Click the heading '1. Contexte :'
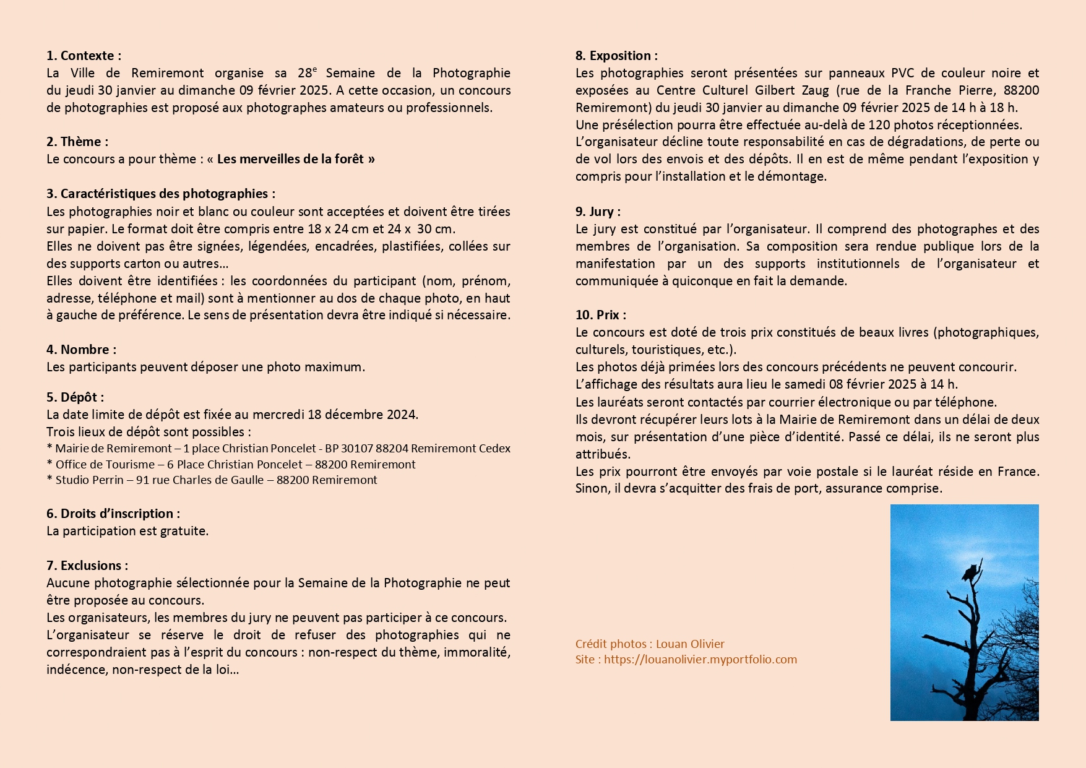pyautogui.click(x=84, y=56)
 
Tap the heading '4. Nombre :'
pyautogui.click(x=81, y=350)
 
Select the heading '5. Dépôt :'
pyautogui.click(x=75, y=397)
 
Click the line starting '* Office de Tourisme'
pyautogui.click(x=230, y=464)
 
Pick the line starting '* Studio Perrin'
pyautogui.click(x=211, y=480)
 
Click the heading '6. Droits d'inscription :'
pyautogui.click(x=113, y=514)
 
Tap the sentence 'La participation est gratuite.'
pyautogui.click(x=127, y=531)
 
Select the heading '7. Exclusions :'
pyautogui.click(x=87, y=566)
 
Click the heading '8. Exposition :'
pyautogui.click(x=616, y=56)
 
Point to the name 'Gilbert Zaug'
pyautogui.click(x=791, y=90)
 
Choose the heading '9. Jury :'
pyautogui.click(x=598, y=212)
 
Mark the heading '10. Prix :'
pyautogui.click(x=600, y=315)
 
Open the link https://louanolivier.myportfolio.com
pyautogui.click(x=700, y=659)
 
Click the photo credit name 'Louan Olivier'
pyautogui.click(x=690, y=644)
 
